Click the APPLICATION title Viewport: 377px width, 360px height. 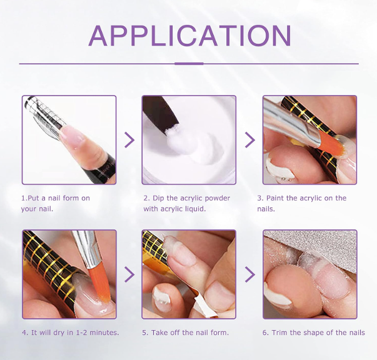[189, 36]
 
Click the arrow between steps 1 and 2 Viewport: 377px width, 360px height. [129, 139]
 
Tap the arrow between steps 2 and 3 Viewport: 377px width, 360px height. [250, 139]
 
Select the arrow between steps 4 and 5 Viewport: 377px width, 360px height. [129, 274]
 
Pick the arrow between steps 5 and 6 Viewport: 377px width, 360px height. [250, 274]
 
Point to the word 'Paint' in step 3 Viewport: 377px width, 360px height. [275, 198]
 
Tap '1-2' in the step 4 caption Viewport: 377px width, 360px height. [81, 332]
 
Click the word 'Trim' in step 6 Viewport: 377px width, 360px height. [279, 332]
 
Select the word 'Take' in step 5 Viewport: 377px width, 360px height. [159, 332]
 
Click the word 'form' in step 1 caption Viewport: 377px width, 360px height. [71, 198]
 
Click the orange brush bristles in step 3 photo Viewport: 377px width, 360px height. [330, 146]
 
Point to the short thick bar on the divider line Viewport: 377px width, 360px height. [189, 64]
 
